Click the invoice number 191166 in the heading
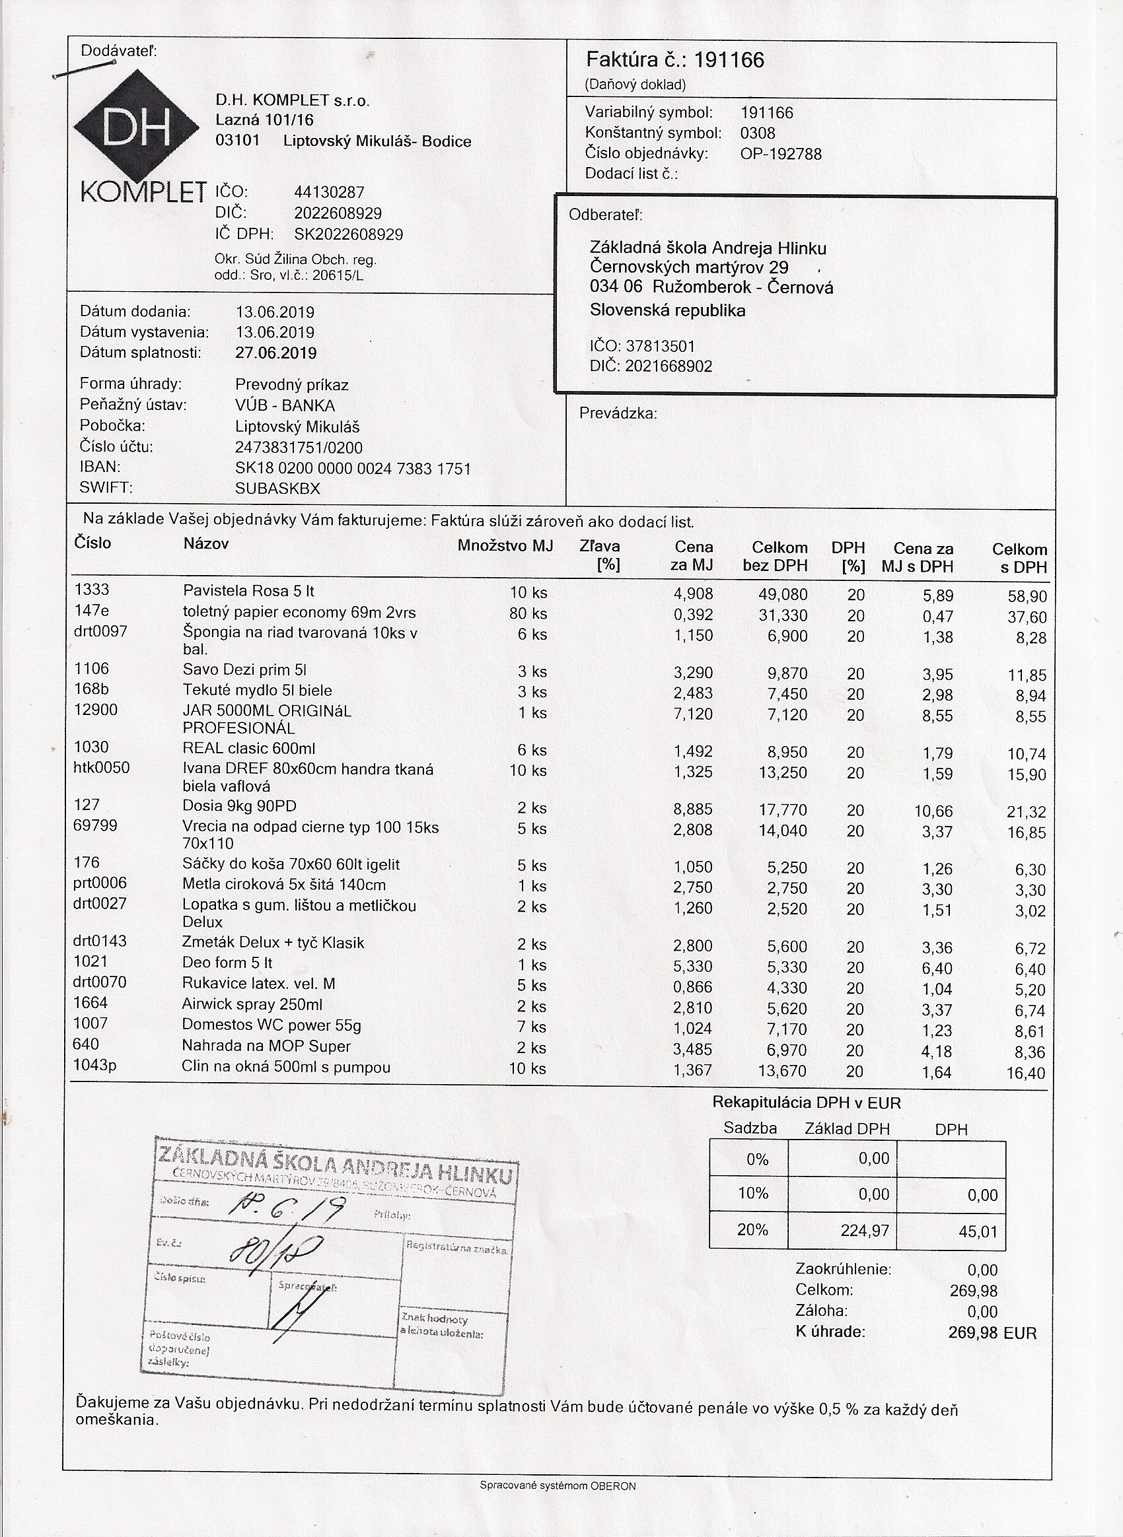729,61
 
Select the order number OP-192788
780,154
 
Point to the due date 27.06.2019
275,353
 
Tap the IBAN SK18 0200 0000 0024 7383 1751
352,469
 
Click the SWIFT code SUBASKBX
277,489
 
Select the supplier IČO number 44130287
329,193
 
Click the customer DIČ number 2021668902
669,367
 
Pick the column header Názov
205,544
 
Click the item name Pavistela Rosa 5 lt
248,591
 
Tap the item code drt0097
100,632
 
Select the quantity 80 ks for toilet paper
528,613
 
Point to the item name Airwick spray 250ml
252,1005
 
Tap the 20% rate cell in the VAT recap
752,1231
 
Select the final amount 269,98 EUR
992,1333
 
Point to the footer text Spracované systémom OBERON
558,1486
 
